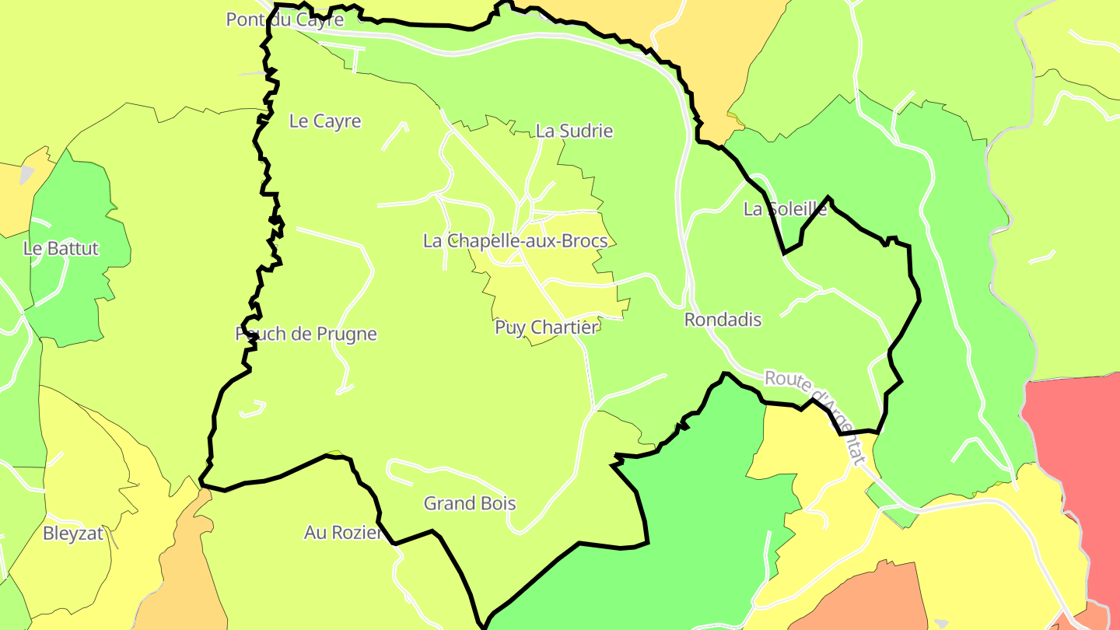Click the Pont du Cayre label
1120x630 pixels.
[x=285, y=19]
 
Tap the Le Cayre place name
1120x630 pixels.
[x=325, y=121]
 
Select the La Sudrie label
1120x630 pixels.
[x=574, y=131]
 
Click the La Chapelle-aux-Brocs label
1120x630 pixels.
[x=515, y=241]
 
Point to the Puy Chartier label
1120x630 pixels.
[x=547, y=327]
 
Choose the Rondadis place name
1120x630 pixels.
[x=723, y=320]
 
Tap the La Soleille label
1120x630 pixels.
[x=785, y=209]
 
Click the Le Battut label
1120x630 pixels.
[x=61, y=249]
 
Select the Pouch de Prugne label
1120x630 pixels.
[x=306, y=334]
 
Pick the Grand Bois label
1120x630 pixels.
[x=470, y=504]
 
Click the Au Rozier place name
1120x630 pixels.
[x=343, y=534]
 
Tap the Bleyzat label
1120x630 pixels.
[x=73, y=534]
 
